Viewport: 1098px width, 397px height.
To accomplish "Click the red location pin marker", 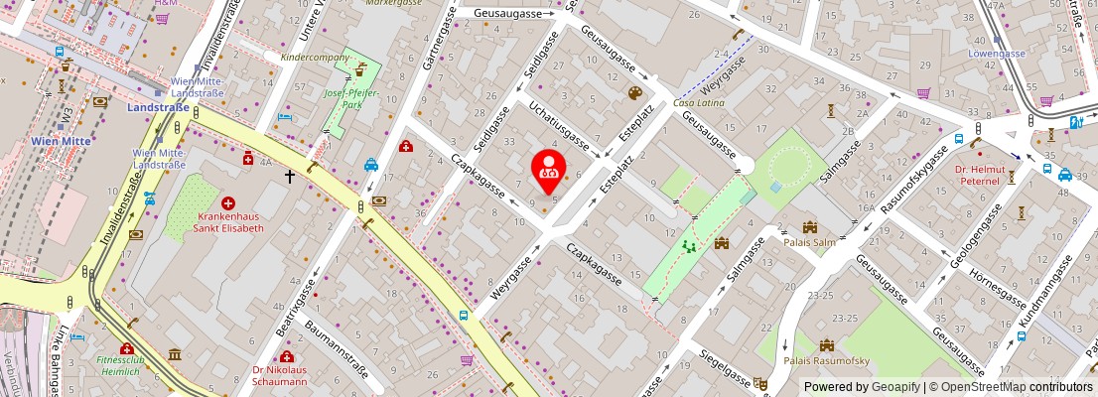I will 547,168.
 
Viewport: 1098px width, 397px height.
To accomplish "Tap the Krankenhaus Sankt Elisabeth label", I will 230,221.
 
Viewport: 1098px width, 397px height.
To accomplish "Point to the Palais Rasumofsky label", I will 827,360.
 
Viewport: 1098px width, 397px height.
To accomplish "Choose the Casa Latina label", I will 699,103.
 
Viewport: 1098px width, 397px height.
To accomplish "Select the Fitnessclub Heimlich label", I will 127,365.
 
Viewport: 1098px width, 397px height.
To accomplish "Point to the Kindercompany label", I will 315,58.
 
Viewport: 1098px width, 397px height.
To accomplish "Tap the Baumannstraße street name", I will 338,346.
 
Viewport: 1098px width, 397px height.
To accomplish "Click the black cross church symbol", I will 290,177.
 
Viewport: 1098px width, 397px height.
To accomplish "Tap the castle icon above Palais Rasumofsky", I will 826,344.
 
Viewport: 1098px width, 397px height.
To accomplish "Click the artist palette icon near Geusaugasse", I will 634,93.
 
